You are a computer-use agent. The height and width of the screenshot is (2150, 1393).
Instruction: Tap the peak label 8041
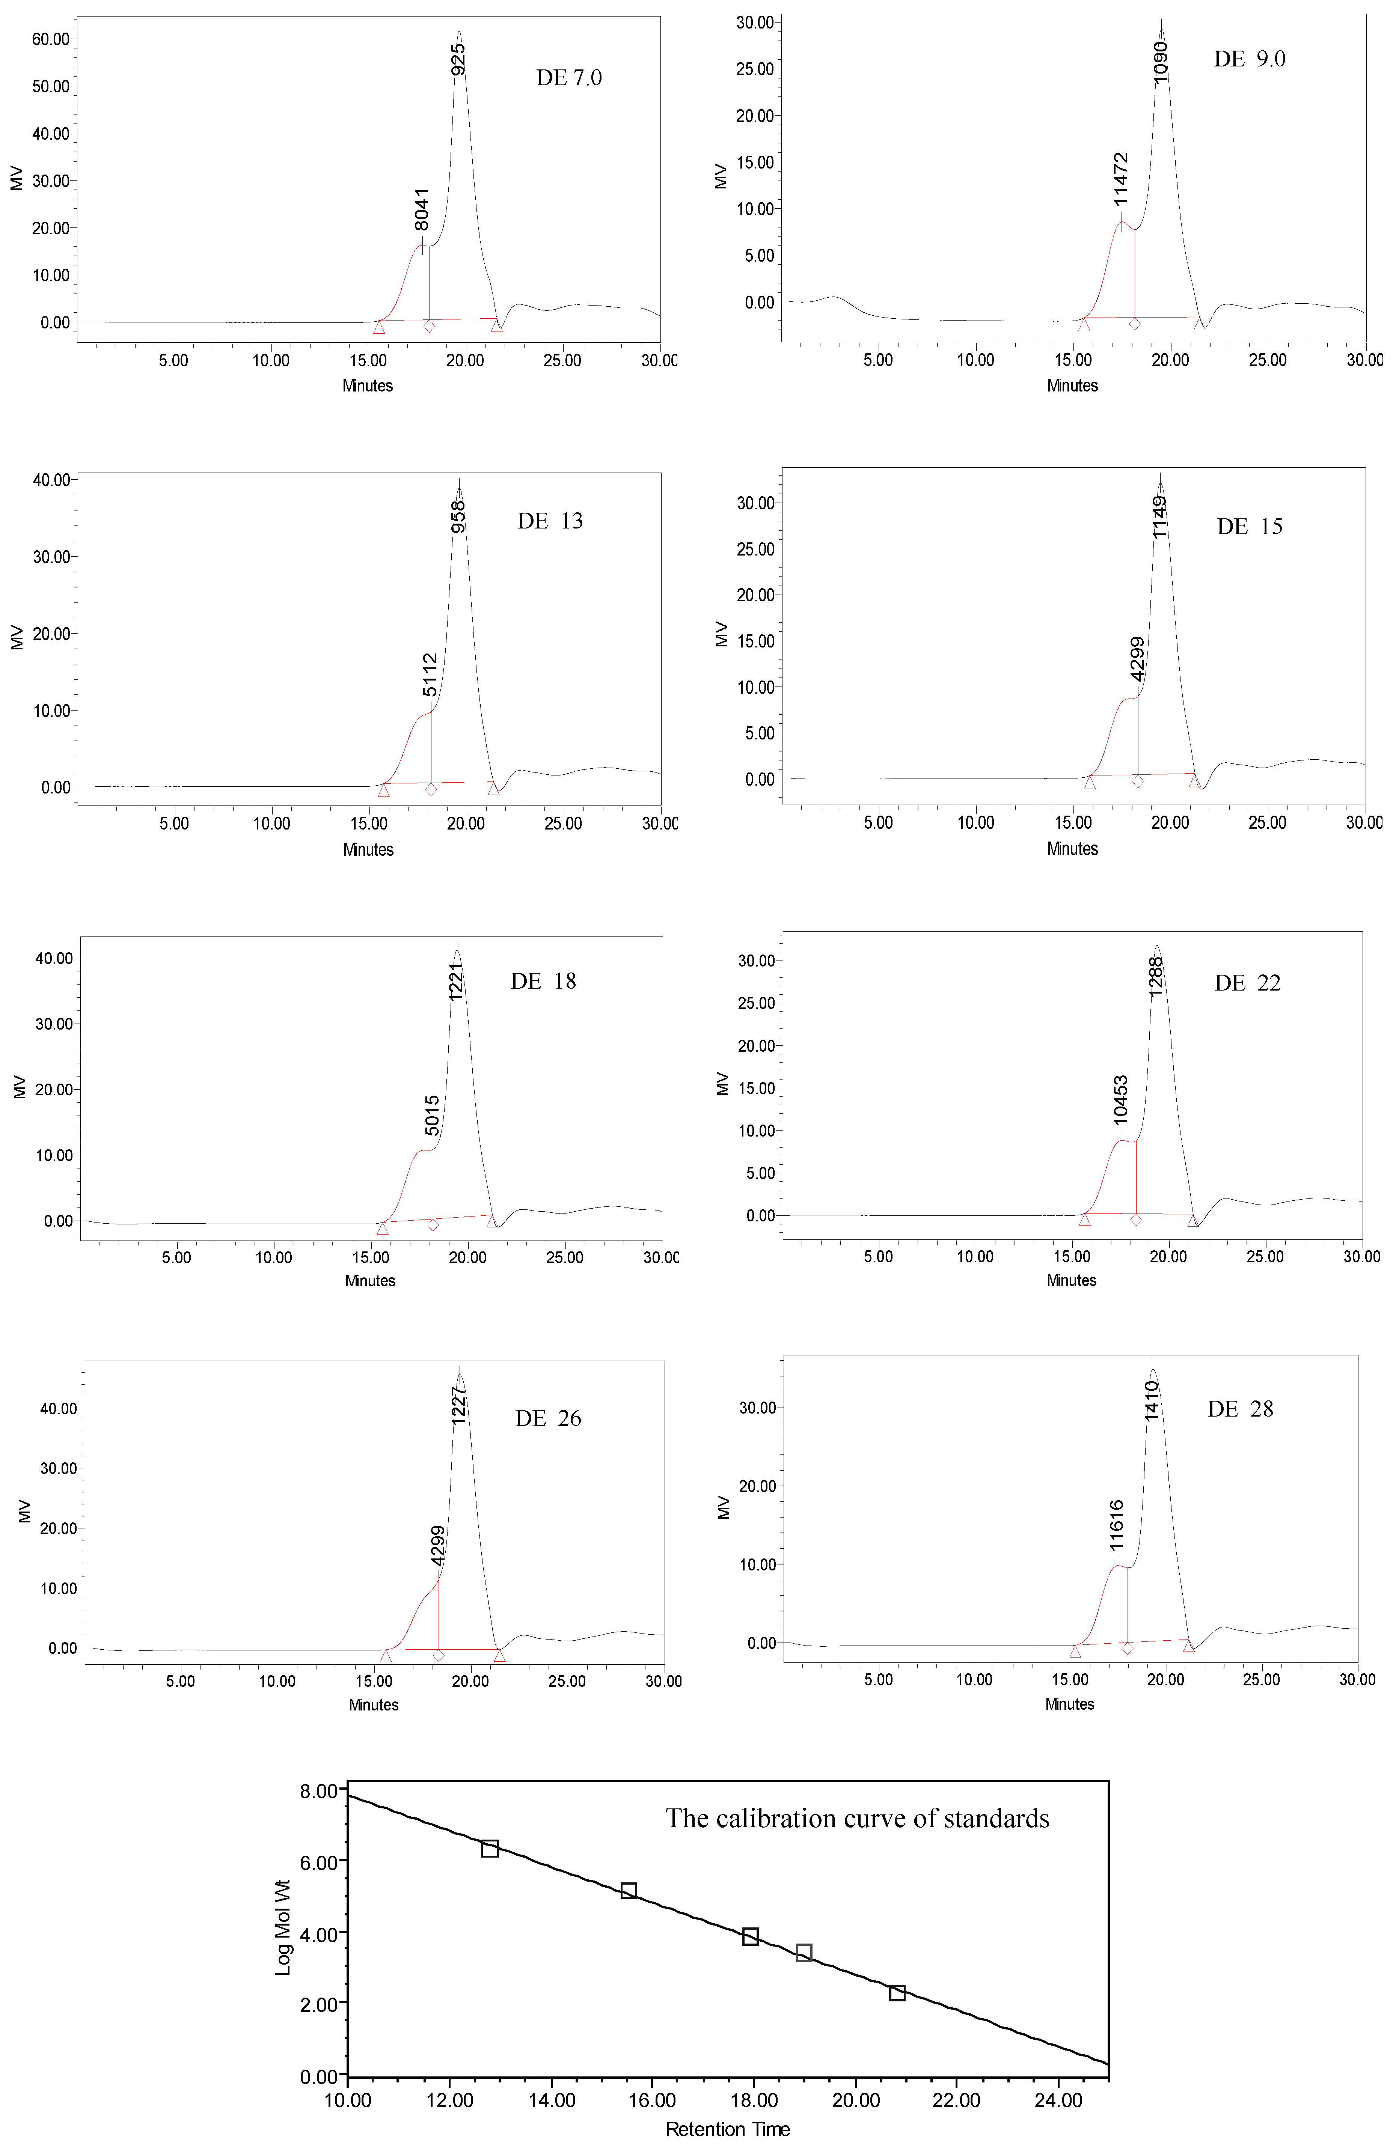point(422,209)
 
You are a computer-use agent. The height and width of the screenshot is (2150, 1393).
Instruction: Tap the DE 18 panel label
point(543,981)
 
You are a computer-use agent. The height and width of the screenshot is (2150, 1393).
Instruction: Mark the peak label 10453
point(1121,1099)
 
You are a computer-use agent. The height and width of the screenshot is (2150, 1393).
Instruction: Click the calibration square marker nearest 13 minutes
point(490,1848)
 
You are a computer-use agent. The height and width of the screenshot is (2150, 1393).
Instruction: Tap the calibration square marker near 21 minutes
point(897,1993)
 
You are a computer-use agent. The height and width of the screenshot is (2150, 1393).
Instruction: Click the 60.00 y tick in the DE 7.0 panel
point(51,39)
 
